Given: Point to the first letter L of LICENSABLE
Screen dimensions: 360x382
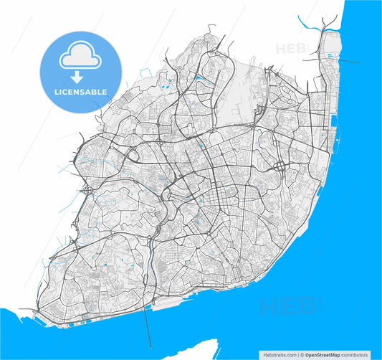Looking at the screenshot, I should click(56, 92).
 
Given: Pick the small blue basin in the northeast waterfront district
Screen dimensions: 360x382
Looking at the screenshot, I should click(330, 55).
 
